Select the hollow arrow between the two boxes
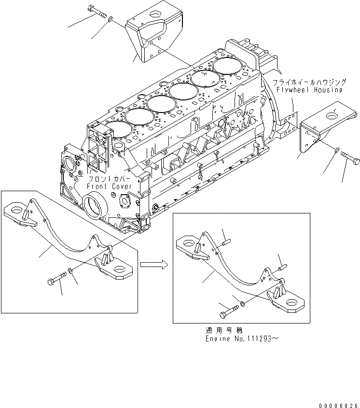tap(153, 264)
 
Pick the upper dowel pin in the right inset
tap(227, 238)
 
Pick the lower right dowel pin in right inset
tap(283, 266)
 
